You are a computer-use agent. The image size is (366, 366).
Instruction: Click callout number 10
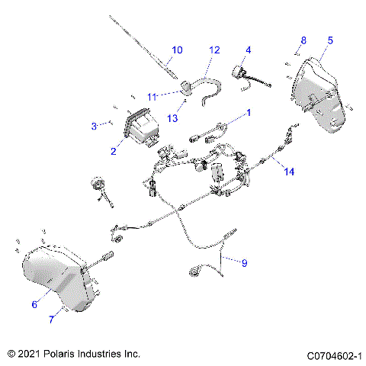[177, 50]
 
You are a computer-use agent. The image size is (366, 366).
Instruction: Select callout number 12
[214, 50]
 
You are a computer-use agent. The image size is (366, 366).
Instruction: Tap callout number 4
[248, 50]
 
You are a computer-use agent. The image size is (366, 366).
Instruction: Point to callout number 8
[303, 40]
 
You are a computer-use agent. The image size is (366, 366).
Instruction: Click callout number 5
[330, 39]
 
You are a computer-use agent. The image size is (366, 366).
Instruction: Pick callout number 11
[152, 97]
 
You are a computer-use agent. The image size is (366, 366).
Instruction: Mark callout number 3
[94, 125]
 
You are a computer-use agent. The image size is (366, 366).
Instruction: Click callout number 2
[113, 151]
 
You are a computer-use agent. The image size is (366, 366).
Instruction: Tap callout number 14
[288, 172]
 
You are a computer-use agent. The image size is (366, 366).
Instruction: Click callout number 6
[34, 304]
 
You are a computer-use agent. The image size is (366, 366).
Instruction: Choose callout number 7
[51, 319]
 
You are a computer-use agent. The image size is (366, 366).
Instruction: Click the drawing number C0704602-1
[333, 355]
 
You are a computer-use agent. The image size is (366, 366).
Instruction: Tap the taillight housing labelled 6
[57, 278]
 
